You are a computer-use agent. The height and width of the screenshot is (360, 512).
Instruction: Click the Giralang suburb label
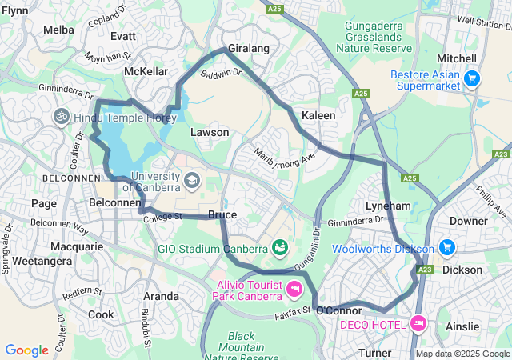pos(248,48)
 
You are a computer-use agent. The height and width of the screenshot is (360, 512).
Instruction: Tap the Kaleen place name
pos(318,115)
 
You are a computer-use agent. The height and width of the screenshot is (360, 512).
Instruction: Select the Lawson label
pos(210,132)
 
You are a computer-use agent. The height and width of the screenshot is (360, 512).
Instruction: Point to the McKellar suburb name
pos(146,71)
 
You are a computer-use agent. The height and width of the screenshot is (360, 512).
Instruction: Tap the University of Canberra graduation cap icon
pos(191,181)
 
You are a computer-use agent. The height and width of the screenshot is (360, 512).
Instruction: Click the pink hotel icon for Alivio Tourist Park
pos(294,288)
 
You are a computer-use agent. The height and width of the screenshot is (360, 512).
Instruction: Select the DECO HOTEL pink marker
pos(417,323)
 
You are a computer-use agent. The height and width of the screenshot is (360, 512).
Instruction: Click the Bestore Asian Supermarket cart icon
pos(472,78)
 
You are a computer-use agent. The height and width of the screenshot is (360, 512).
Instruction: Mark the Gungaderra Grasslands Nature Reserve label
pos(378,37)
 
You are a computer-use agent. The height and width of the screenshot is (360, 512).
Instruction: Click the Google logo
pos(26,350)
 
